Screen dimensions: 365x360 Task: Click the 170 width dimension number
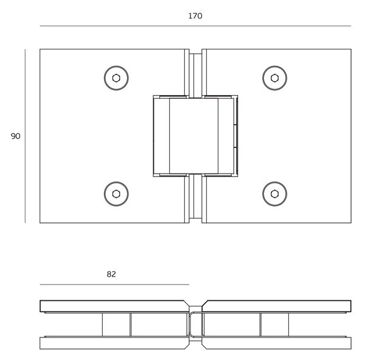pos(195,16)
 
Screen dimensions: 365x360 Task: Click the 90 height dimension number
pos(15,136)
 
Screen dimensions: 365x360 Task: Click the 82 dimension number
pos(111,274)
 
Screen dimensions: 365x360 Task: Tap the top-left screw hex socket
pos(116,78)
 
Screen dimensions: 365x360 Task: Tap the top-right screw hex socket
pos(275,78)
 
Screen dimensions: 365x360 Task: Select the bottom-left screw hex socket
pos(116,194)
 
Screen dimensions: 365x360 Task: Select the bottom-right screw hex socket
pos(275,194)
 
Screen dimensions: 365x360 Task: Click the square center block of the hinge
pos(193,136)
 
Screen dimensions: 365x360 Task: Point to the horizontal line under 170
pos(195,26)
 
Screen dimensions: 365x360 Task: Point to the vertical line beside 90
pos(25,136)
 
